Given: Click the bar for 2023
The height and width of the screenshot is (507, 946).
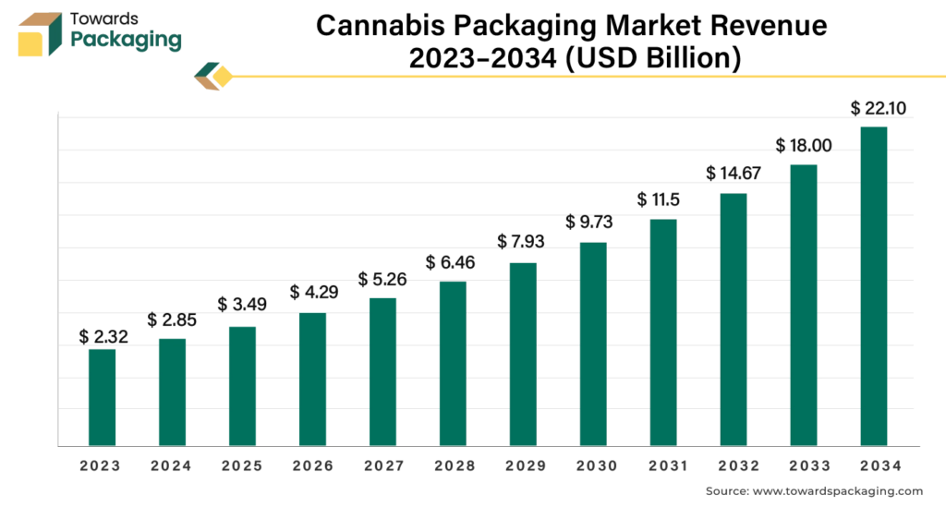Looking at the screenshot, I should click(x=102, y=397).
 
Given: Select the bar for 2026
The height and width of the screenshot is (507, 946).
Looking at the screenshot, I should click(x=312, y=380).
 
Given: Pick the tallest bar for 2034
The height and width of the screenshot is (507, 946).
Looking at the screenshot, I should click(x=873, y=285).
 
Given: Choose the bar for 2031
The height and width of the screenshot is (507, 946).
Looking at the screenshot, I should click(x=663, y=332).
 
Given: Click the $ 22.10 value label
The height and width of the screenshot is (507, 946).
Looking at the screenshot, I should click(x=878, y=109).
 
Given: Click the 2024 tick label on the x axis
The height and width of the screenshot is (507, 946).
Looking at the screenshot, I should click(x=172, y=466).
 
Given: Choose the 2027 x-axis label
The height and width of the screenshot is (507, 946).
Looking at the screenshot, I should click(x=382, y=466).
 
